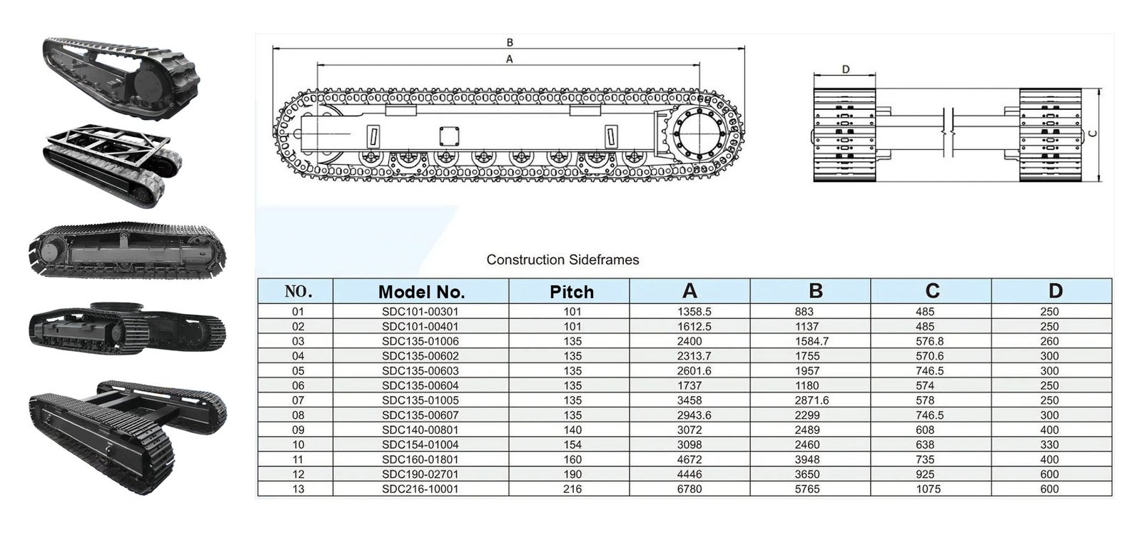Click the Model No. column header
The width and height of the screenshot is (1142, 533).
click(421, 291)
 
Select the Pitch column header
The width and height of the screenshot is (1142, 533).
click(572, 291)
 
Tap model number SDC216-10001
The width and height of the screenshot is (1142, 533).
click(420, 489)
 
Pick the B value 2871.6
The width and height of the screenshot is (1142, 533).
click(812, 400)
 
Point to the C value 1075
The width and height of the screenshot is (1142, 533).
click(928, 489)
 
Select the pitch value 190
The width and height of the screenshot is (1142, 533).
click(572, 474)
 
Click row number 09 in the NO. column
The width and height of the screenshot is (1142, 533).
click(298, 430)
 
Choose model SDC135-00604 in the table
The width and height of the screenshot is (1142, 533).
click(420, 385)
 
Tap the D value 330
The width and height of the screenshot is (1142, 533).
click(1049, 445)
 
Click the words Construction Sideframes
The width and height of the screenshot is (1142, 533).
click(562, 260)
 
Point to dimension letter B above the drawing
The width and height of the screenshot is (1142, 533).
click(510, 43)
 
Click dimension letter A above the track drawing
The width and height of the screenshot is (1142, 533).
click(509, 59)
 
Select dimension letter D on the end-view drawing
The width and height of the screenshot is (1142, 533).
click(846, 69)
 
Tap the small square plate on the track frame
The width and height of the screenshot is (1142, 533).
click(448, 136)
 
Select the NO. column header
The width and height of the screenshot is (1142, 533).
click(298, 291)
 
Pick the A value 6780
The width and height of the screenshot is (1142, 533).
click(689, 489)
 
